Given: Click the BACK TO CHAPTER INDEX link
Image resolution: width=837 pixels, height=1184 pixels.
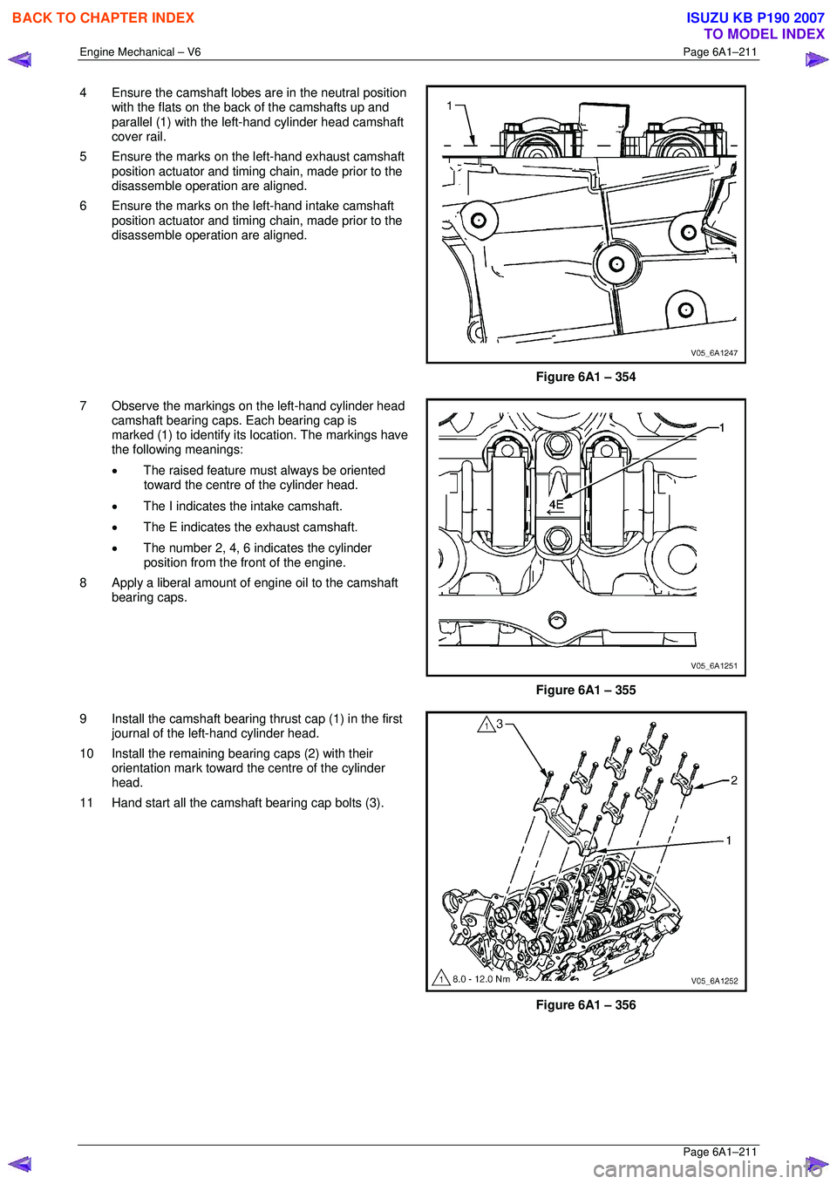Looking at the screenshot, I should (103, 17).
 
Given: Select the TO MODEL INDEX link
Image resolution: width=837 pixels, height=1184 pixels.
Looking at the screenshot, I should (764, 34).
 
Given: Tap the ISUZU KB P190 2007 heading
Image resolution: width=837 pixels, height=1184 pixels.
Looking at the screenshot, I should (755, 17).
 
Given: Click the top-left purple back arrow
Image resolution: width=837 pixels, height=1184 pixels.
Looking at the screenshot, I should (20, 60).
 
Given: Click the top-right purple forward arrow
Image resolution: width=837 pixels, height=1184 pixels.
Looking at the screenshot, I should (816, 60).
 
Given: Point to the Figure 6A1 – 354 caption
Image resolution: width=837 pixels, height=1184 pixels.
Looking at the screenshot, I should (585, 377).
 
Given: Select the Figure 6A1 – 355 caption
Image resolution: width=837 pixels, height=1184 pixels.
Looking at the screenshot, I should (585, 690).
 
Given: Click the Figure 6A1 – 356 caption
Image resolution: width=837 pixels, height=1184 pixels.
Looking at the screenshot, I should (585, 1004).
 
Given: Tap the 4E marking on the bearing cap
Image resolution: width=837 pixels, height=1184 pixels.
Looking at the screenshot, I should (556, 504).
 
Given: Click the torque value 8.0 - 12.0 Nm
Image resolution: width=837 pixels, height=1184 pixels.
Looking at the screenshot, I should (481, 979).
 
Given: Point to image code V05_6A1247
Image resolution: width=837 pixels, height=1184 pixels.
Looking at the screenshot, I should (714, 353).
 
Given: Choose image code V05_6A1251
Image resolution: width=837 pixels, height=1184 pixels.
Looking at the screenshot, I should (714, 666).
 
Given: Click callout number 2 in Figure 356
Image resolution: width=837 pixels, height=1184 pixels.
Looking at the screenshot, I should (734, 780).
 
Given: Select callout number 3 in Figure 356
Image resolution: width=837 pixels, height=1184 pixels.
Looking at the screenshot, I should (500, 724).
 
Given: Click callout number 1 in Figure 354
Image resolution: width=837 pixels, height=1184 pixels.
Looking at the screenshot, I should (450, 105).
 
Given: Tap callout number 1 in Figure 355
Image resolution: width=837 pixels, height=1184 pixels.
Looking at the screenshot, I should (722, 427).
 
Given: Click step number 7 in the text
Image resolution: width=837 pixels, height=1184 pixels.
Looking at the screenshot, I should (84, 405).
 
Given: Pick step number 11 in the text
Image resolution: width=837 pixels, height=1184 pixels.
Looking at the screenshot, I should (86, 803).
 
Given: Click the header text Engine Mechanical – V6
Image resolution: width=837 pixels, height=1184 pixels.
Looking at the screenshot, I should (140, 52).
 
